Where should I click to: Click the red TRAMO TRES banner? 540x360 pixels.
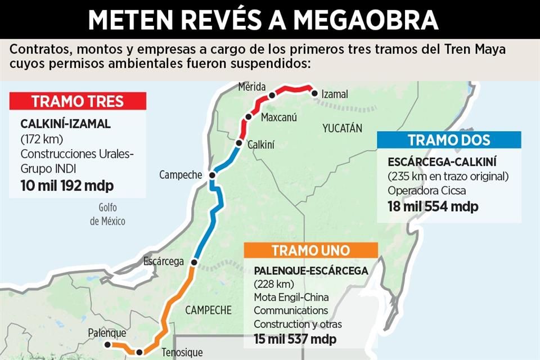pos(78,102)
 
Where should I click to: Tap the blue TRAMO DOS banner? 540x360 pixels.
pos(449,140)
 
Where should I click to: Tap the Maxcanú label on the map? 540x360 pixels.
pos(279,118)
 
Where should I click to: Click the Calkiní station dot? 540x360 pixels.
pos(238,144)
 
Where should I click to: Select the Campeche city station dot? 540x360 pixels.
pos(212,175)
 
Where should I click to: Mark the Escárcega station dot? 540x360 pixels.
pos(194,262)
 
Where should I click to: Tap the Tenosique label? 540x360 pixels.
pos(179,353)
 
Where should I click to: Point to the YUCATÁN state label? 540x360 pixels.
pos(342,128)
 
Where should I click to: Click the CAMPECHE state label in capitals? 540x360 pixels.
pos(208,310)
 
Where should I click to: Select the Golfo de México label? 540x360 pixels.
pos(107,214)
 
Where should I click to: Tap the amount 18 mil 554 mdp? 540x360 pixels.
pos(433,206)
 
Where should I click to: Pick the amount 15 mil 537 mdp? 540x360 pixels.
pos(295,339)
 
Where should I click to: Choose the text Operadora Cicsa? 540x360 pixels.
pos(426,190)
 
